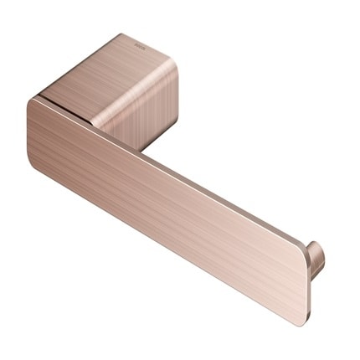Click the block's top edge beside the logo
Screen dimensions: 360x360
[155, 44]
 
